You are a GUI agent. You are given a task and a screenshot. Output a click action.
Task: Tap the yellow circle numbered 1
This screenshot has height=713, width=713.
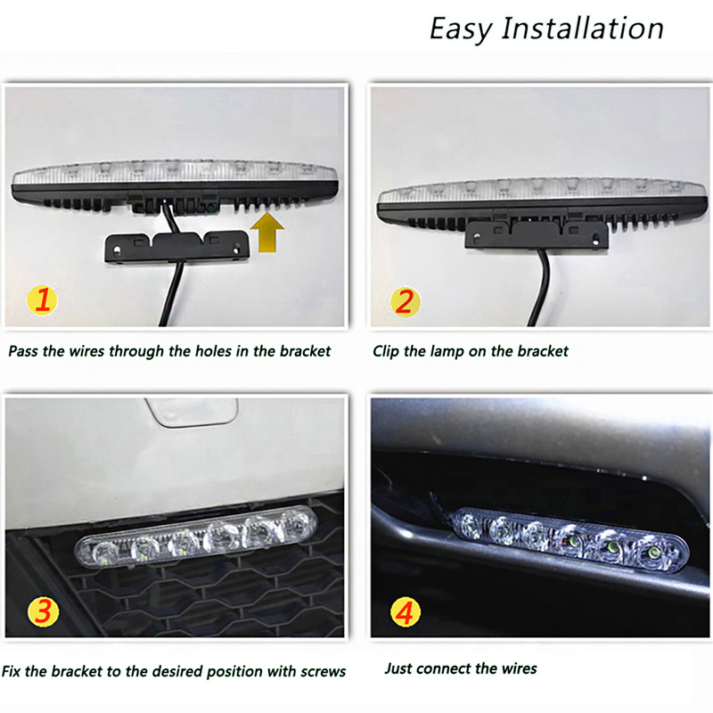pyautogui.click(x=42, y=300)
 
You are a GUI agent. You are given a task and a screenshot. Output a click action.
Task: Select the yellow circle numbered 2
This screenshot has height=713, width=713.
pyautogui.click(x=406, y=301)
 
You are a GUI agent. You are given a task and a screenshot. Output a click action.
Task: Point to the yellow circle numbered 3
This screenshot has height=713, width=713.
pyautogui.click(x=43, y=611)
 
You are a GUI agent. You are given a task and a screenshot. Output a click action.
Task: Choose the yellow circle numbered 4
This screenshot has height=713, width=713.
pyautogui.click(x=406, y=612)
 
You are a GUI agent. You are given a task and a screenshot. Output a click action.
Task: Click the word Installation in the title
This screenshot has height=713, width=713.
pyautogui.click(x=583, y=29)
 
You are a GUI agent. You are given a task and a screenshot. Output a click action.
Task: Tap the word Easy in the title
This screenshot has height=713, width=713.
pyautogui.click(x=461, y=30)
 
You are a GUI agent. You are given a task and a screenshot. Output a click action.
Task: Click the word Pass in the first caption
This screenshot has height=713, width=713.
pyautogui.click(x=23, y=351)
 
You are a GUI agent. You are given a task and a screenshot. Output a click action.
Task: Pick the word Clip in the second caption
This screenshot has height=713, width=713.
pyautogui.click(x=386, y=351)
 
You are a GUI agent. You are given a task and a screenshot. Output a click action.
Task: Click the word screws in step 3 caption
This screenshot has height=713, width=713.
pyautogui.click(x=324, y=672)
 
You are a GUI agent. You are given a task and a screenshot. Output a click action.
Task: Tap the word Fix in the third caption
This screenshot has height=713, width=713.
pyautogui.click(x=11, y=671)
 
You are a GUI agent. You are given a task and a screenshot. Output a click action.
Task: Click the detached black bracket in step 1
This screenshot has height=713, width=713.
pyautogui.click(x=177, y=247)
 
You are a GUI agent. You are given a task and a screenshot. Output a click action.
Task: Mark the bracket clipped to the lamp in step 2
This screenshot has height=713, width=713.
pyautogui.click(x=537, y=234)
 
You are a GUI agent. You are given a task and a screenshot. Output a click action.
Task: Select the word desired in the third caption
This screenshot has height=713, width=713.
pyautogui.click(x=179, y=671)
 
